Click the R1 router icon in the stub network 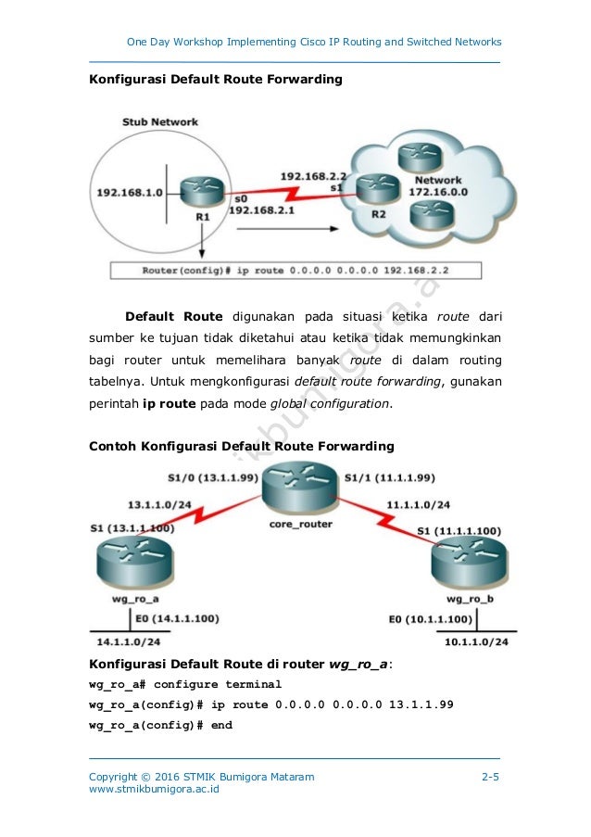[196, 191]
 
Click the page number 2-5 [491, 776]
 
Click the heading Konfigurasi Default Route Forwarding [215, 80]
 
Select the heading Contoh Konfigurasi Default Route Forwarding [241, 446]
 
